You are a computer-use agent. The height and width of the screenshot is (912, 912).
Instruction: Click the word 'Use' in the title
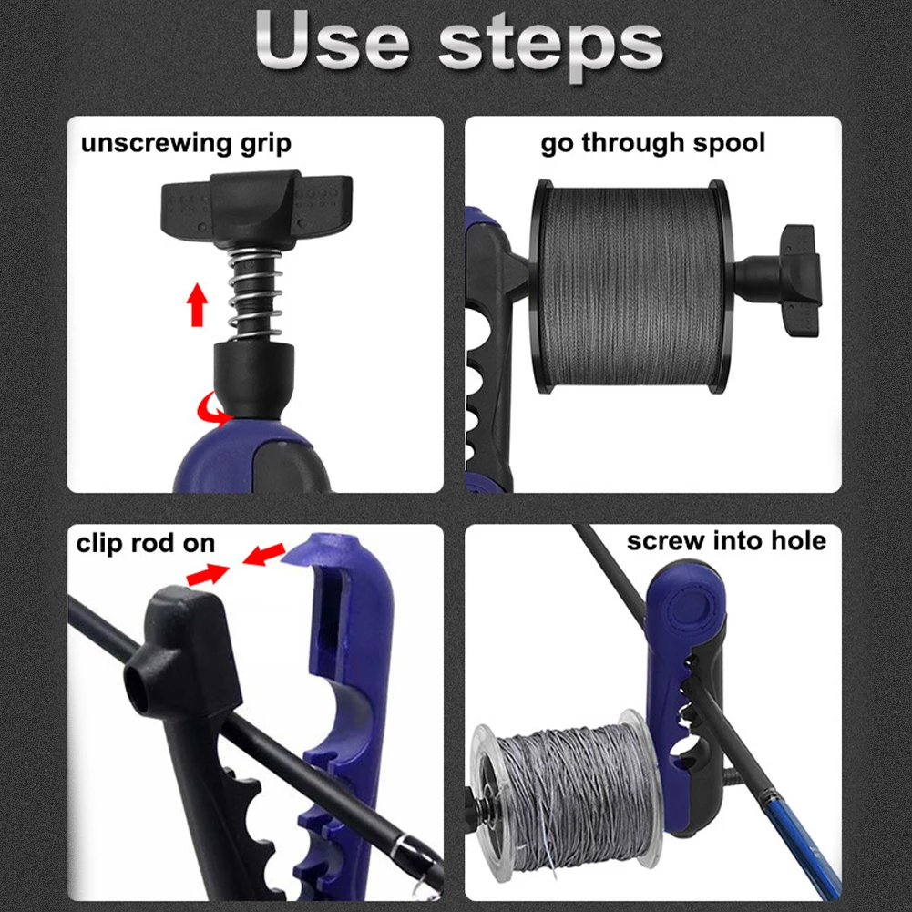point(333,41)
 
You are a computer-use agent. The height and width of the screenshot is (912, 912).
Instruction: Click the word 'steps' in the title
point(550,46)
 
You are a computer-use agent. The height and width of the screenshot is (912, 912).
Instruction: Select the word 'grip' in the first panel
point(266,144)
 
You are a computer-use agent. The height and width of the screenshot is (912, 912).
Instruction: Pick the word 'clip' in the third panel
point(99,545)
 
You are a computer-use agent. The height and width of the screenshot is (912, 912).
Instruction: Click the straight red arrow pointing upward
point(197,304)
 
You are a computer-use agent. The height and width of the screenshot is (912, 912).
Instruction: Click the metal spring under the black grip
point(255,293)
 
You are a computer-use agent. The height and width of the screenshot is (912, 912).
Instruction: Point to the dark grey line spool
point(631,286)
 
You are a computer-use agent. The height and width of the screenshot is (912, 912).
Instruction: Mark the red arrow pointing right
point(208,575)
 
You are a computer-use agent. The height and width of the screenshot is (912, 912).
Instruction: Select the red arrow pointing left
point(263,554)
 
